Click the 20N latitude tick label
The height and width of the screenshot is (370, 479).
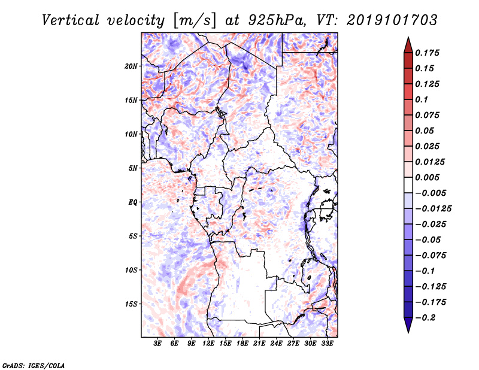(131, 66)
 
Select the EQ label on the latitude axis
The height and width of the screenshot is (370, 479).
(133, 202)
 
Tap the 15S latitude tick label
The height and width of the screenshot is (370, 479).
(131, 304)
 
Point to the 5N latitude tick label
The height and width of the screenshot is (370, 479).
(133, 168)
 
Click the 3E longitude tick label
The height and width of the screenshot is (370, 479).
(157, 343)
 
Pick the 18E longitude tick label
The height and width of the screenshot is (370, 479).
(242, 343)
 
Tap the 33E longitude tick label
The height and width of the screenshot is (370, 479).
(327, 343)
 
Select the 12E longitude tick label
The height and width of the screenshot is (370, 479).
(208, 343)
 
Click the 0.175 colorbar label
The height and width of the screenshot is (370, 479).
(427, 53)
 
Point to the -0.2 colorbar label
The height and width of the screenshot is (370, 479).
(425, 318)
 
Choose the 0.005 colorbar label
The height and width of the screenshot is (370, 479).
(427, 177)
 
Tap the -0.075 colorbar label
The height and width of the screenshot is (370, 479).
(431, 256)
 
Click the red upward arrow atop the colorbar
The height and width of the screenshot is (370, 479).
(408, 45)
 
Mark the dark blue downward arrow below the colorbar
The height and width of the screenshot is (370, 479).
(408, 324)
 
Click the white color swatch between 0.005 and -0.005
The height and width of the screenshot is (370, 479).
(408, 185)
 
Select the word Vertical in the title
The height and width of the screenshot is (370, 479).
(71, 20)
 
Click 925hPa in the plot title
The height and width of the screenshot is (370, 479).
(277, 20)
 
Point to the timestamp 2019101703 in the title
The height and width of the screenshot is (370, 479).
(392, 20)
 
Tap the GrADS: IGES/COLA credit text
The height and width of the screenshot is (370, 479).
(34, 365)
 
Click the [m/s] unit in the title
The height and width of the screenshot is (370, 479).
(195, 21)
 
